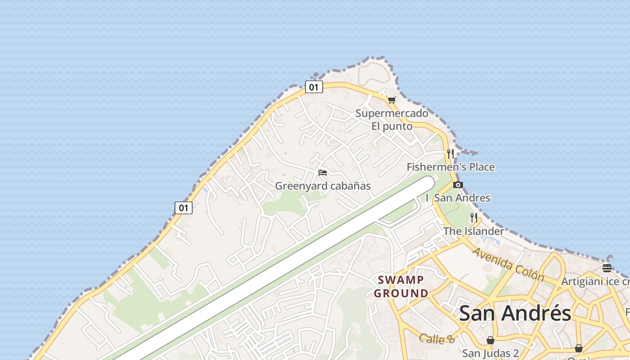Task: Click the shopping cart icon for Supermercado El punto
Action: (x=391, y=100)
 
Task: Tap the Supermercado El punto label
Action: (x=391, y=120)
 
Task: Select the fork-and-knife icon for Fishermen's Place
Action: (x=450, y=154)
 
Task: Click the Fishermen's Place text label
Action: (x=450, y=167)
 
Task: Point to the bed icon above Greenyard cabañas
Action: (x=322, y=172)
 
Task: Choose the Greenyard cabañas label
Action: (x=323, y=186)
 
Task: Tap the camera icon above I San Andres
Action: (x=458, y=184)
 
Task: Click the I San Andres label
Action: (x=458, y=198)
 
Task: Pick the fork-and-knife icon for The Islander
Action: (x=474, y=218)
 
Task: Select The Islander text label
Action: (x=474, y=231)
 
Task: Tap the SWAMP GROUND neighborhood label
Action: (x=401, y=287)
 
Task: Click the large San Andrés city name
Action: (x=515, y=313)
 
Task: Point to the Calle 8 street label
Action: (x=437, y=339)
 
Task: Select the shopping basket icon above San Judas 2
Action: (x=490, y=340)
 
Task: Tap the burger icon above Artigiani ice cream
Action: (x=607, y=268)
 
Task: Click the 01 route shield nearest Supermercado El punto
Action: (x=314, y=87)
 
